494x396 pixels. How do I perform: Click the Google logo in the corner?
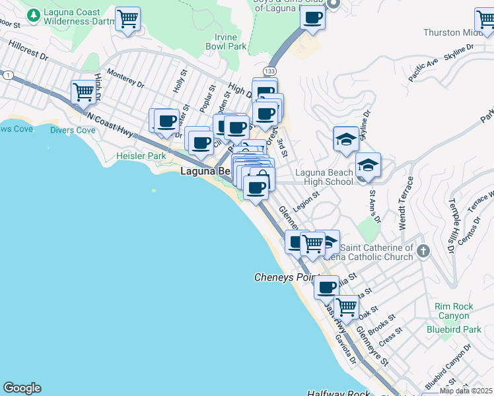click(22, 388)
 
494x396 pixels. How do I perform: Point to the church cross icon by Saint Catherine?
click(423, 251)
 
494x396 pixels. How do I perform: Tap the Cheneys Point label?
click(285, 278)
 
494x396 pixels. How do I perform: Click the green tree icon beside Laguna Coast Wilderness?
click(32, 13)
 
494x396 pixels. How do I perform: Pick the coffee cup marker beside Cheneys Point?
click(326, 287)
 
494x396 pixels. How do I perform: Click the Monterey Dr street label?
click(125, 79)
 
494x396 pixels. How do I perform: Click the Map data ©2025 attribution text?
click(466, 391)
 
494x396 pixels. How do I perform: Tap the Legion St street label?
click(307, 201)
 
